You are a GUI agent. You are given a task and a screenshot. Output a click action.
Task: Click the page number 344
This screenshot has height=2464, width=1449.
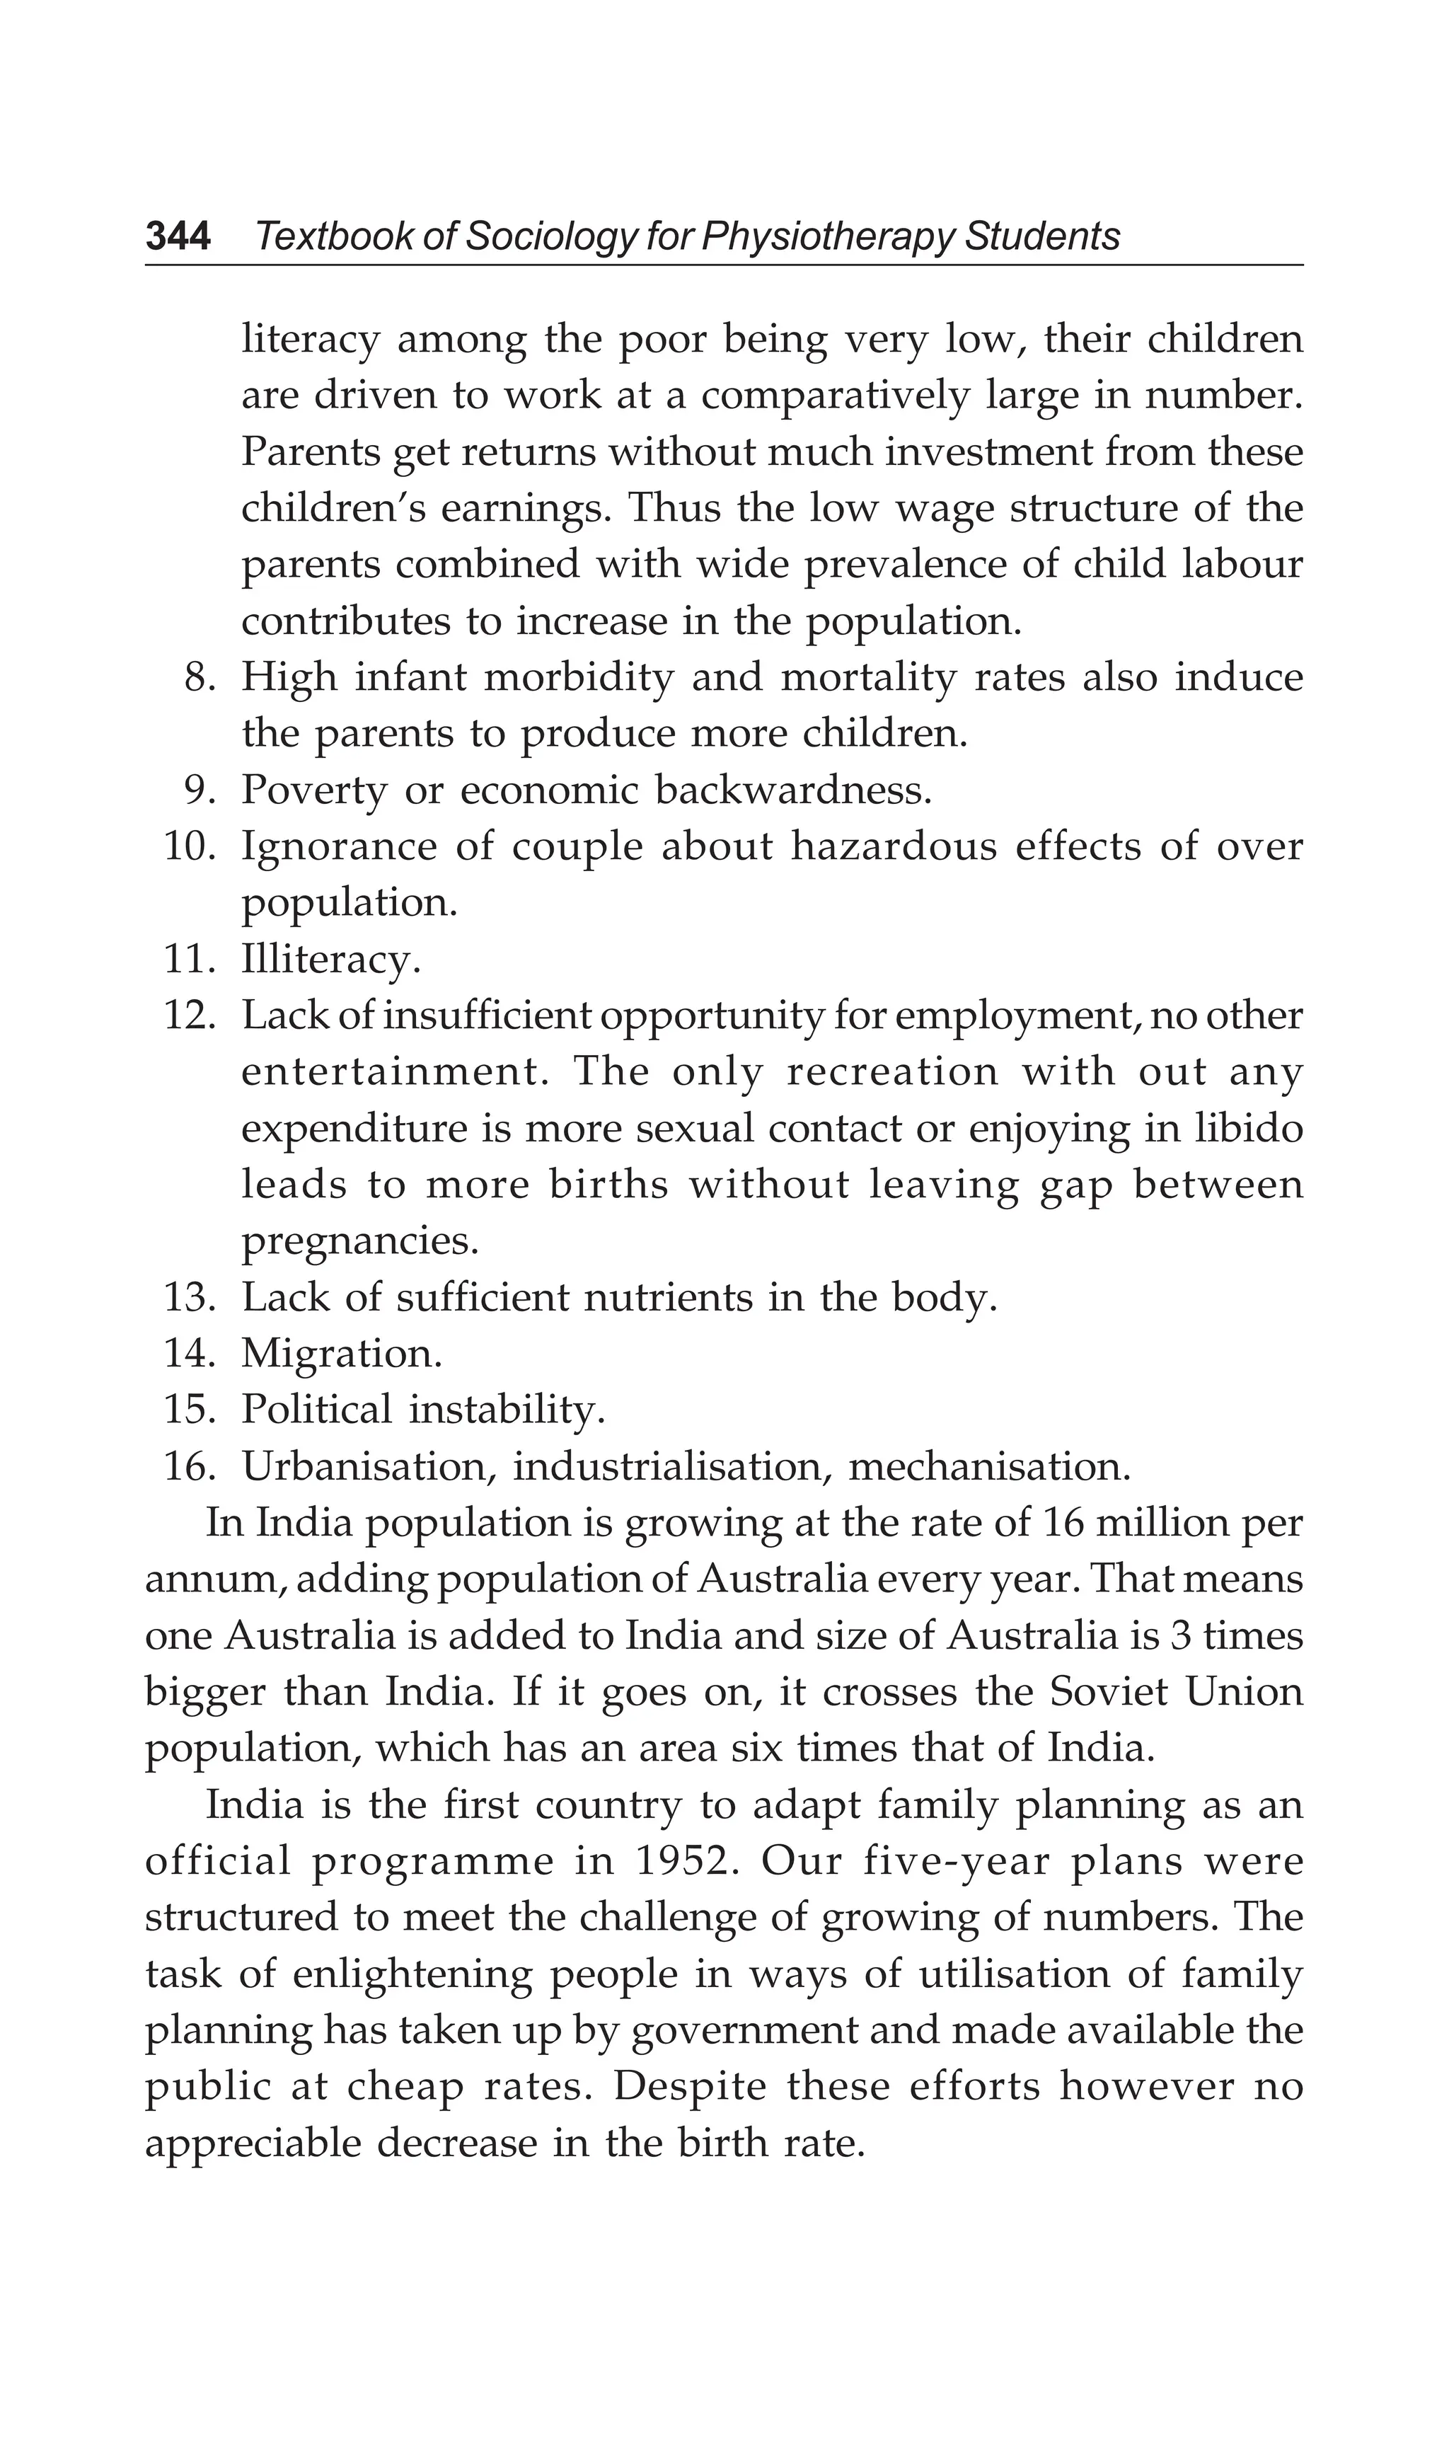[178, 236]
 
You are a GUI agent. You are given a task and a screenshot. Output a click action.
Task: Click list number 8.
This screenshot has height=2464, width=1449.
[200, 678]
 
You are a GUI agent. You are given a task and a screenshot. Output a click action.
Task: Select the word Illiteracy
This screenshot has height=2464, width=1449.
[330, 959]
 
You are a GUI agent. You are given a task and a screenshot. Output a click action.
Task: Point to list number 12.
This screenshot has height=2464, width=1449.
[189, 1016]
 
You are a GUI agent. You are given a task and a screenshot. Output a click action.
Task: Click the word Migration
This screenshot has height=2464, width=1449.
[341, 1354]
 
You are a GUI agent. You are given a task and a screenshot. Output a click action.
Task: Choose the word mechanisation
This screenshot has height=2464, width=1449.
[988, 1467]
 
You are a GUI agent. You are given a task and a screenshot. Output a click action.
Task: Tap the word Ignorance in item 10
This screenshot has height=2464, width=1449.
[338, 847]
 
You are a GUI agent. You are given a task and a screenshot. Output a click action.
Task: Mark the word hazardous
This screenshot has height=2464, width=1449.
[893, 847]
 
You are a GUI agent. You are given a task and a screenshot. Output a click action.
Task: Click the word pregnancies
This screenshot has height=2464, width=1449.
[360, 1242]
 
